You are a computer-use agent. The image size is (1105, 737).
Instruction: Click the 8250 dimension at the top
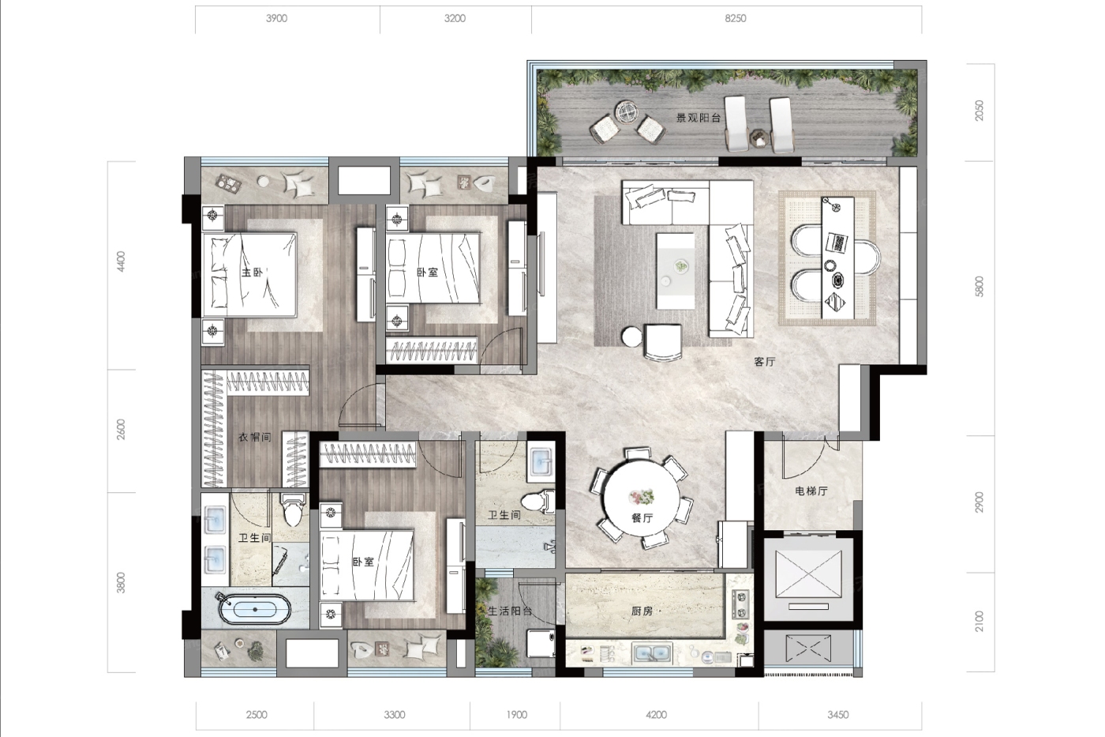click(x=735, y=19)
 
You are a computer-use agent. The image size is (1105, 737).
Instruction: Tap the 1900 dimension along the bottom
click(x=516, y=714)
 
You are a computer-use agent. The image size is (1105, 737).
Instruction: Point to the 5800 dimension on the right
click(x=980, y=286)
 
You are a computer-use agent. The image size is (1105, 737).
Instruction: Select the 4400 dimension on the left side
click(x=121, y=261)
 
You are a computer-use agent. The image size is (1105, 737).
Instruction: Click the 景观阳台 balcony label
click(x=698, y=118)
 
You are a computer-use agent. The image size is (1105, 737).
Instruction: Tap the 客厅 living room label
click(x=765, y=362)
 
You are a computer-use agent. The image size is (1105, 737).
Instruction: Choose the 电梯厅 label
click(x=811, y=491)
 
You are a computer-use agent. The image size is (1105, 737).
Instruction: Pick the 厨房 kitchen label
click(x=642, y=611)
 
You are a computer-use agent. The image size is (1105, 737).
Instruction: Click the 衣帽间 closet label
click(x=254, y=438)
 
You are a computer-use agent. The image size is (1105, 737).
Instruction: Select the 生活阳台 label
click(x=510, y=611)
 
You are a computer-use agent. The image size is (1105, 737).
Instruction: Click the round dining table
click(x=642, y=498)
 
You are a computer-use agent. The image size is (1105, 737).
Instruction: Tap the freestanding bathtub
click(x=254, y=610)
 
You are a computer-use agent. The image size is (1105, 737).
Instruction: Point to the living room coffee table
click(x=675, y=271)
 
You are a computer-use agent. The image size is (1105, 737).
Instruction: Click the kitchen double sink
click(x=653, y=652)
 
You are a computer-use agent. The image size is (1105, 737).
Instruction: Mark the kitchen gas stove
click(x=740, y=605)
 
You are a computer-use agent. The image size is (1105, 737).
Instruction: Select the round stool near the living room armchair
click(x=631, y=337)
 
